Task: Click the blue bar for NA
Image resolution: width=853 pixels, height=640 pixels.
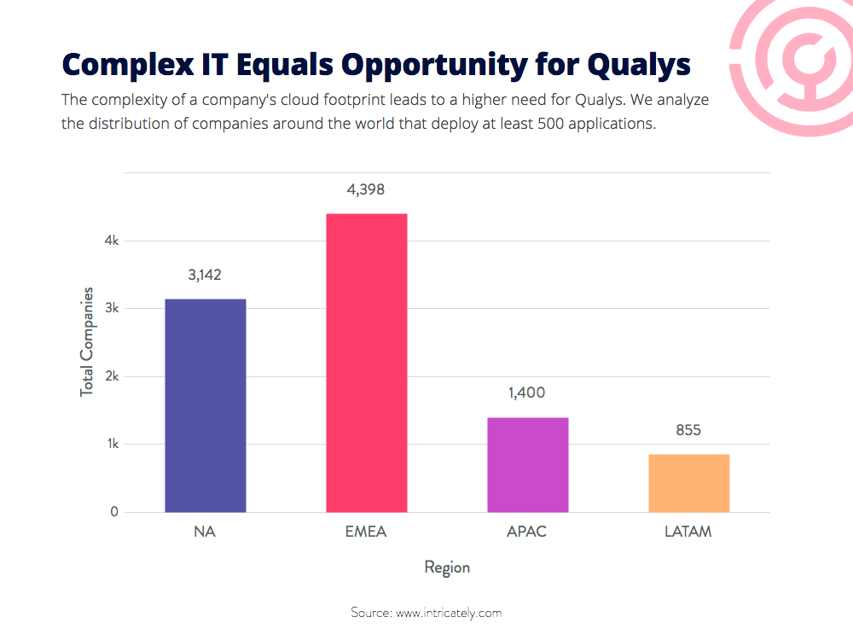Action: [x=205, y=405]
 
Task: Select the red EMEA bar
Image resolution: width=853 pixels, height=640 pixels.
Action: [x=367, y=363]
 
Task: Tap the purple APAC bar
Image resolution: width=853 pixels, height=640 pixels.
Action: [x=528, y=465]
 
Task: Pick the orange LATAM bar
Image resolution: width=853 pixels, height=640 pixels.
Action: [x=688, y=483]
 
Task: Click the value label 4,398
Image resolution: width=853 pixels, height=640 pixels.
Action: [x=366, y=190]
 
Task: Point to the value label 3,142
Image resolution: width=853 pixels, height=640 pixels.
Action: [x=205, y=275]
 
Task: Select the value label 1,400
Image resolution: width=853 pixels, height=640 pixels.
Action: [x=526, y=393]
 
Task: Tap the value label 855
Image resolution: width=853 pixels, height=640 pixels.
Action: [x=688, y=430]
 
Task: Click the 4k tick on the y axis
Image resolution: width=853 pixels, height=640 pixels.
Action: [x=112, y=241]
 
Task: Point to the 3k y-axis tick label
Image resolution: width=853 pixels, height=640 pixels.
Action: [x=112, y=308]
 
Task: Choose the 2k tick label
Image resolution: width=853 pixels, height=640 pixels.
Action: [x=112, y=376]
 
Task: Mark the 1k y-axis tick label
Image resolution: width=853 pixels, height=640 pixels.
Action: [x=113, y=444]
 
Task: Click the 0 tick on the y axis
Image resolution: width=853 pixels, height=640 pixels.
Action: [x=114, y=511]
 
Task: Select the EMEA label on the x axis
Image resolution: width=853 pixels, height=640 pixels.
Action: [x=366, y=532]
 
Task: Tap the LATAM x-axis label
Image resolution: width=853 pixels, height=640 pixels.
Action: [x=688, y=532]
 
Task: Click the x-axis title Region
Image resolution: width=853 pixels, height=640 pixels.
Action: [x=447, y=567]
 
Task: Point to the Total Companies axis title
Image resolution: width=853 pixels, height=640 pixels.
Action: [x=86, y=342]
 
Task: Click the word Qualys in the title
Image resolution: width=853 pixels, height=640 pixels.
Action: [x=639, y=66]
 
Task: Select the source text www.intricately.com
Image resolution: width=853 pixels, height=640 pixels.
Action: [x=449, y=614]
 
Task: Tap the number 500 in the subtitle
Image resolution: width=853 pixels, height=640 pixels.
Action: [x=550, y=124]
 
